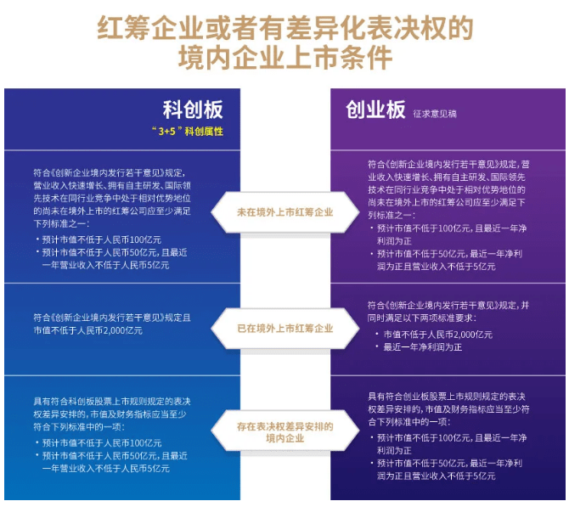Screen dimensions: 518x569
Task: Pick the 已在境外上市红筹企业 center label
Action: click(x=284, y=327)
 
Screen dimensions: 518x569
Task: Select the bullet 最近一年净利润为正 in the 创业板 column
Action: click(x=423, y=347)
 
